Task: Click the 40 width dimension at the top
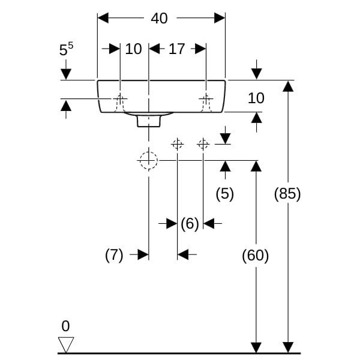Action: point(159,19)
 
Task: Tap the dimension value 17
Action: point(176,49)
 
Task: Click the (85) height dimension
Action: point(287,194)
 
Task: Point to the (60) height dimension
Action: point(255,256)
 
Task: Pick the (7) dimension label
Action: point(114,255)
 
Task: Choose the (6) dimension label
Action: point(190,224)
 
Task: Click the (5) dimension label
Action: point(224,194)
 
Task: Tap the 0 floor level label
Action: point(65,326)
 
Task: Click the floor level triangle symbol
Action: point(65,344)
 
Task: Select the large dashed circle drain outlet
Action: point(148,160)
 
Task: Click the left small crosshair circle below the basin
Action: point(177,143)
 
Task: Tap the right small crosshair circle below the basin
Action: point(203,143)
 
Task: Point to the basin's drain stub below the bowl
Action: point(149,121)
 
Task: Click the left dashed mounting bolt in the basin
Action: point(121,103)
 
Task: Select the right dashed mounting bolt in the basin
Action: point(206,103)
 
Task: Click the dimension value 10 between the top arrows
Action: point(133,49)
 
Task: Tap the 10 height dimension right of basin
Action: point(256,98)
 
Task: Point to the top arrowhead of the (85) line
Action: point(288,86)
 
